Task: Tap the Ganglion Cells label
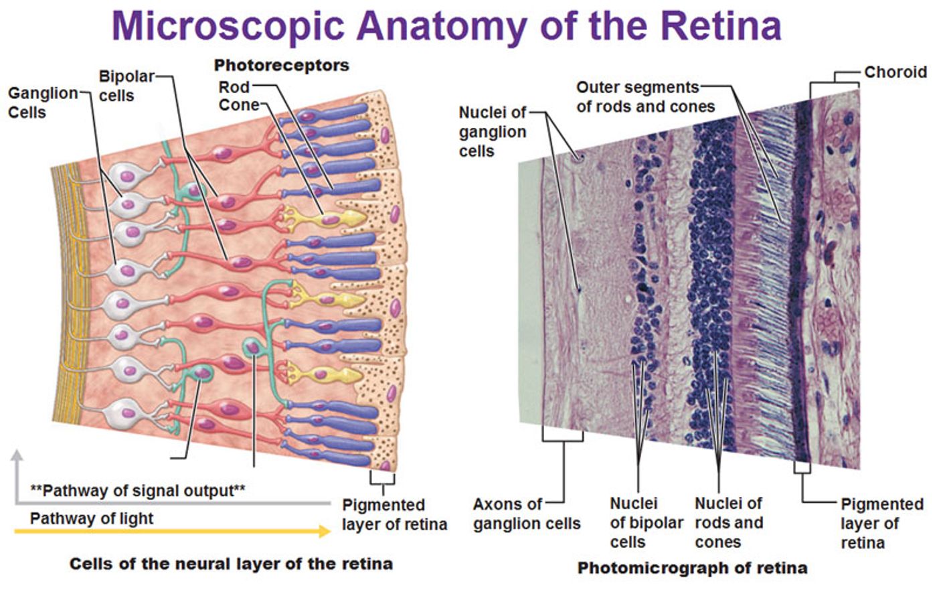pos(42,102)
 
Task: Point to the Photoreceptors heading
pos(281,66)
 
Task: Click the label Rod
pos(234,87)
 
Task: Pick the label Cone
pos(238,105)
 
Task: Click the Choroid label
pos(895,72)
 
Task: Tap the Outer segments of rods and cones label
pos(645,97)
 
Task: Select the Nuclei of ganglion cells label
pos(492,132)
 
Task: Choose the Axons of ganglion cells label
pos(526,514)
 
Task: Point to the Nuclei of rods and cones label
pos(728,522)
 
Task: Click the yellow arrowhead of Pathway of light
pos(325,532)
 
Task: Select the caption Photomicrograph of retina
pos(692,569)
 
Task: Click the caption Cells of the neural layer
pos(231,564)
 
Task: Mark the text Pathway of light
pos(92,518)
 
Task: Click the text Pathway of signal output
pos(137,490)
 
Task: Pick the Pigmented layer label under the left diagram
pos(394,514)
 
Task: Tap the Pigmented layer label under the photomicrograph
pos(881,523)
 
